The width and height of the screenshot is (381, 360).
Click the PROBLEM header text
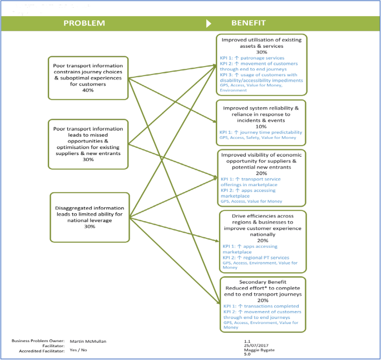coord(83,23)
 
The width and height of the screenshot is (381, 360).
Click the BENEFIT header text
coord(249,23)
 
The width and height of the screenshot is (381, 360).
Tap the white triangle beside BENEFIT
coord(209,23)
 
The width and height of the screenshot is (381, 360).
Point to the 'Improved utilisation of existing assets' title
coord(261,44)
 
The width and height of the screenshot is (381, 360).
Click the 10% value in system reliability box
coord(261,127)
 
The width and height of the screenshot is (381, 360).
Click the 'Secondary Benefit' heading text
coord(261,282)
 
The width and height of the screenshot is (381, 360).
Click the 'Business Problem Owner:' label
coord(38,341)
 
